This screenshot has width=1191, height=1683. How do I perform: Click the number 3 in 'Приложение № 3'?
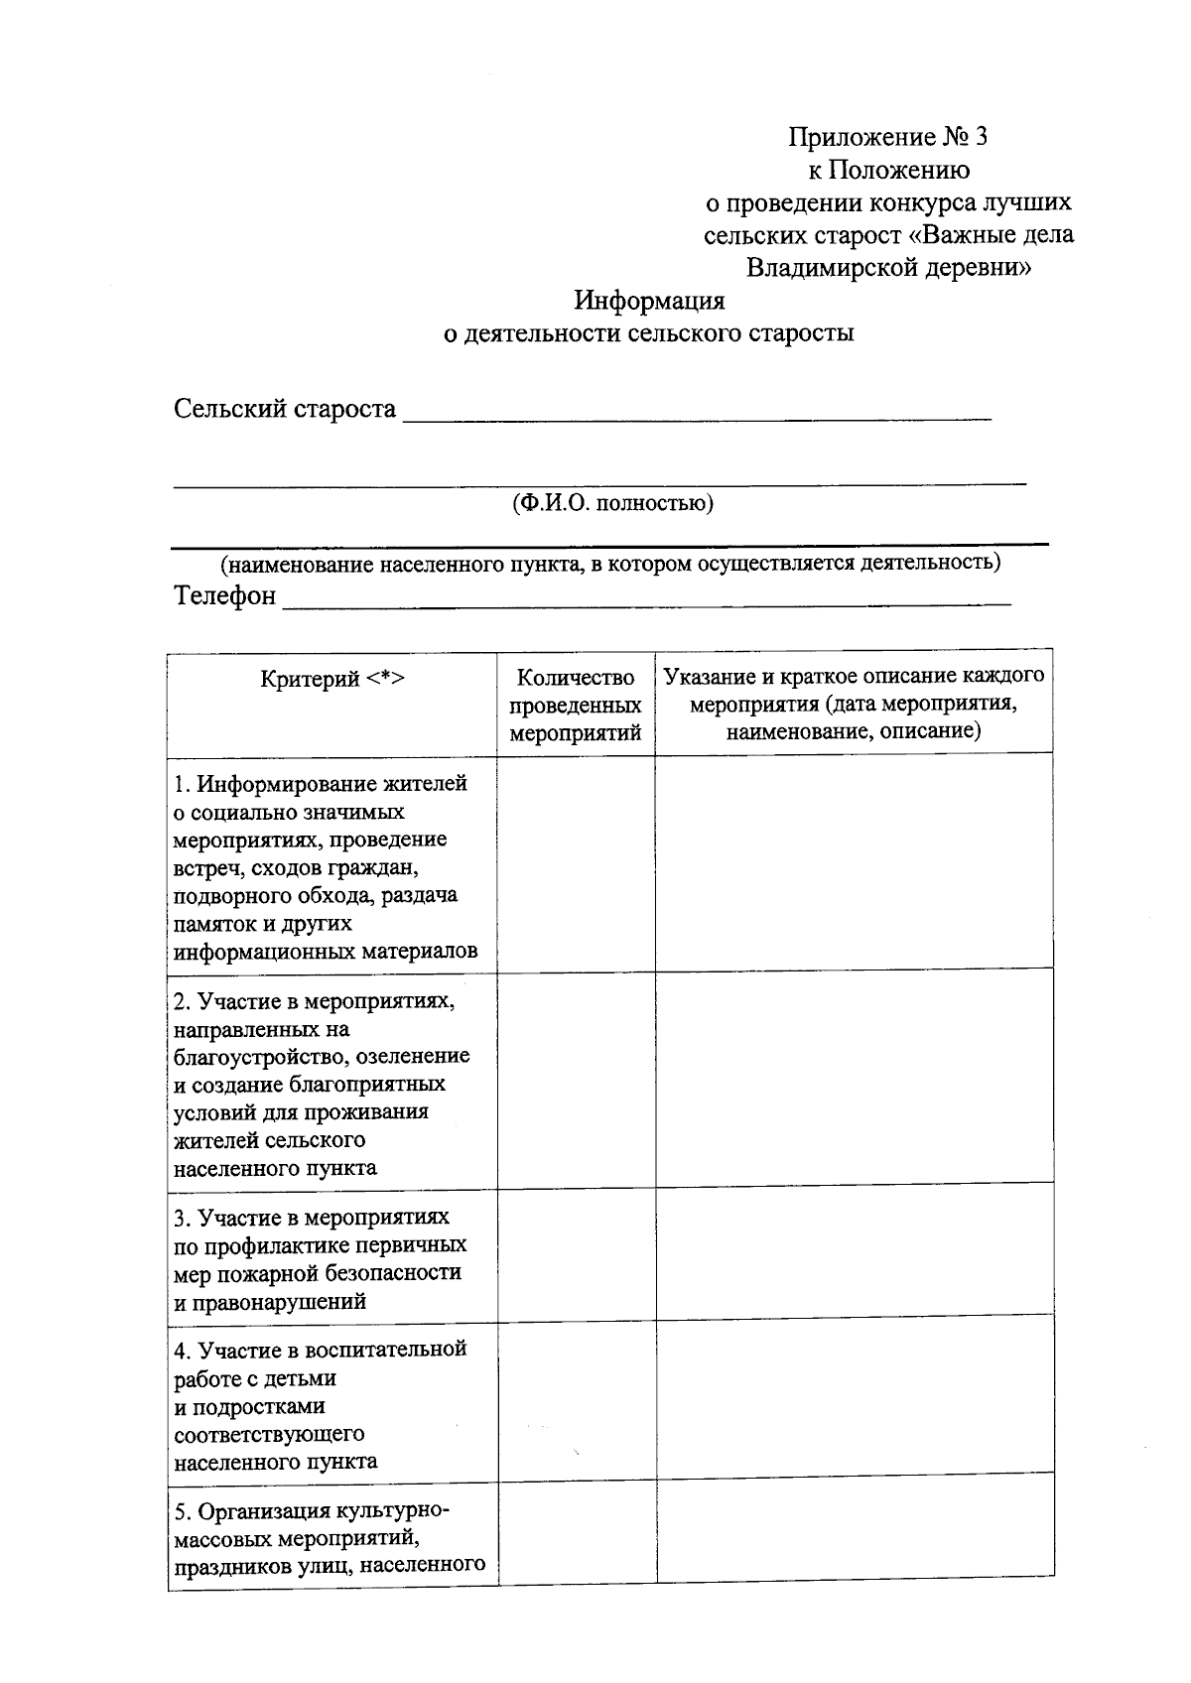pos(981,137)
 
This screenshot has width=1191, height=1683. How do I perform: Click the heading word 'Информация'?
pos(650,300)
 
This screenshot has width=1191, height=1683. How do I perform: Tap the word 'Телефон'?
pos(225,596)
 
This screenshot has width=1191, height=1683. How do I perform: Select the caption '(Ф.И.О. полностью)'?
pos(612,503)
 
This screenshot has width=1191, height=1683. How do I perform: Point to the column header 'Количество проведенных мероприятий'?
pos(576,706)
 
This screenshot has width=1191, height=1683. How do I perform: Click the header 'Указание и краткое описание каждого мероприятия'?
pos(854,704)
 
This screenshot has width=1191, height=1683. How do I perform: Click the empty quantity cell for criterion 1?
pos(576,861)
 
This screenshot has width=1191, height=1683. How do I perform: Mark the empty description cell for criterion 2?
pos(854,1077)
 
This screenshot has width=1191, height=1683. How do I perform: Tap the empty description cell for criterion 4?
pos(854,1394)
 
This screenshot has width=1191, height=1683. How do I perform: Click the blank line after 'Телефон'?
pos(645,600)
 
